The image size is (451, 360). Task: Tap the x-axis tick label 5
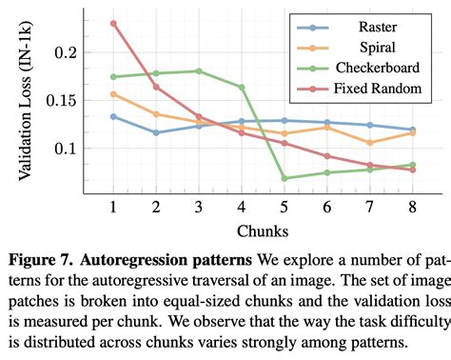284,207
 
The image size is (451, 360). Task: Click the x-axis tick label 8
412,207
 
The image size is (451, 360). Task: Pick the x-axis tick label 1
114,207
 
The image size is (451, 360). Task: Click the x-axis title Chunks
264,232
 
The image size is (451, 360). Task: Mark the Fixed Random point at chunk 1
114,23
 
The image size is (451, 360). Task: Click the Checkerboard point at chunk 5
284,178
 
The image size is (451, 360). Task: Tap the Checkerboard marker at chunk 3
199,71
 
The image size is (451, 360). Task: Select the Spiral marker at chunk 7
369,143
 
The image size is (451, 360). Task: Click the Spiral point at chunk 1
114,94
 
